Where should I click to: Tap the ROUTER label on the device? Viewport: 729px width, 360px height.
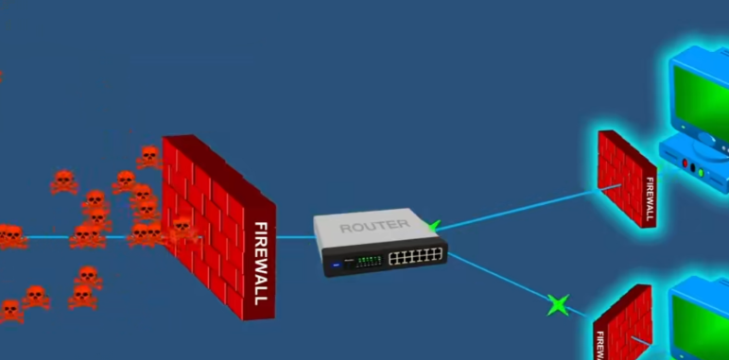374,226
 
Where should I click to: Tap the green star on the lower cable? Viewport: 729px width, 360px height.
558,304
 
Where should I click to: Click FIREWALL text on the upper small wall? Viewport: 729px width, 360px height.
650,198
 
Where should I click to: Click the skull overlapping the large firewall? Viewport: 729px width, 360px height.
179,228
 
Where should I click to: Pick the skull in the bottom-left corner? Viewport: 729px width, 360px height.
10,310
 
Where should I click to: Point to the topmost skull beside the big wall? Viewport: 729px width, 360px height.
148,156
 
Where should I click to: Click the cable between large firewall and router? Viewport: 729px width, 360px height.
296,237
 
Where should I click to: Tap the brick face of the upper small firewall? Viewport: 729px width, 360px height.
619,175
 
